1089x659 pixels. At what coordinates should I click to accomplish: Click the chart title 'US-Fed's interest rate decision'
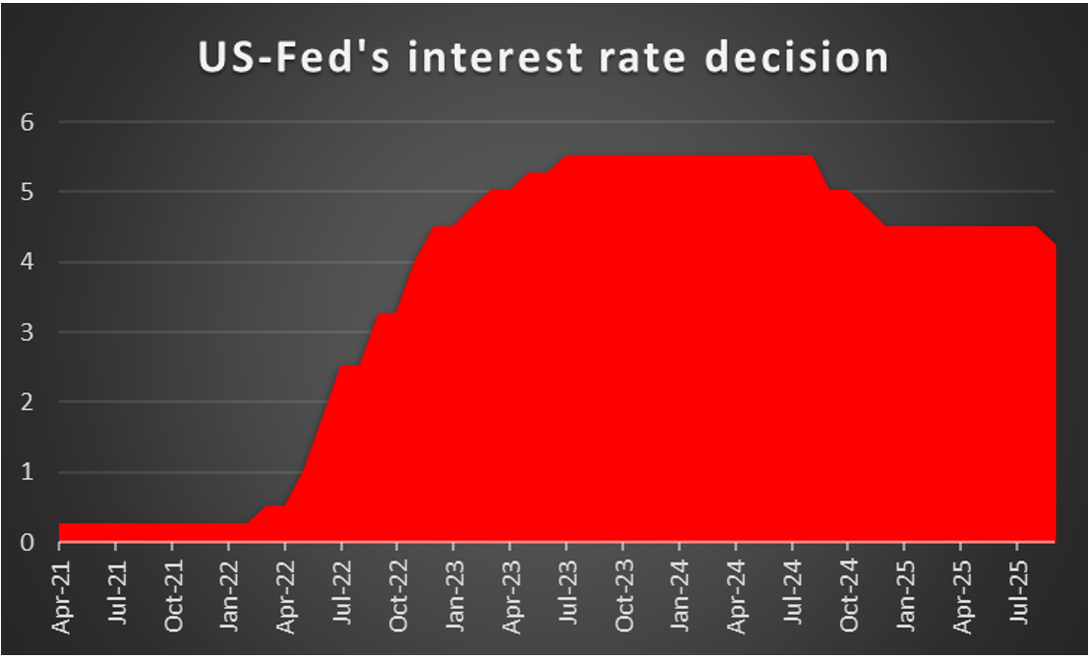click(x=543, y=58)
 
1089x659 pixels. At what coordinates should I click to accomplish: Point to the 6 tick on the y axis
click(x=27, y=122)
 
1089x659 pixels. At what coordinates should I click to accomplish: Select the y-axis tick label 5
click(x=27, y=192)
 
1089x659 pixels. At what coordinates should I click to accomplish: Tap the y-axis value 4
click(x=27, y=263)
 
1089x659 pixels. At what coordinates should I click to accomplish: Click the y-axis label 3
click(x=27, y=332)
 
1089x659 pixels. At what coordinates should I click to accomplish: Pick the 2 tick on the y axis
click(x=27, y=402)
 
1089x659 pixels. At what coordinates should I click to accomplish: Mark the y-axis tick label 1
click(x=27, y=472)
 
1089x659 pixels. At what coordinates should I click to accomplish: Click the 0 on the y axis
click(x=27, y=542)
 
